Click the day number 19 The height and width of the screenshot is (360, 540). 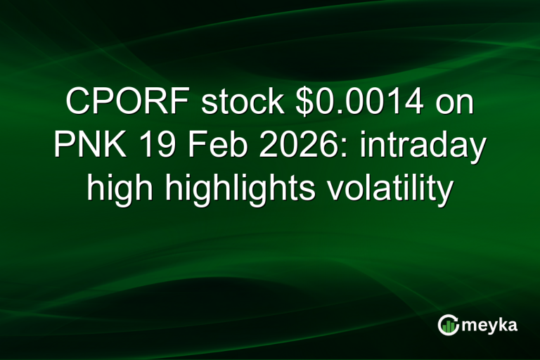click(x=153, y=147)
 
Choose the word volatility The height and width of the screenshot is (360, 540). click(x=380, y=189)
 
